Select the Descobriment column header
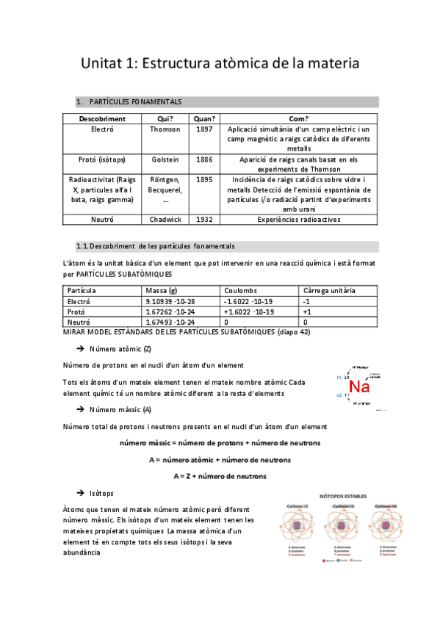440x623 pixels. (x=102, y=118)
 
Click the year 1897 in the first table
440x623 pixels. (x=205, y=129)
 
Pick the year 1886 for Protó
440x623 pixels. (x=205, y=159)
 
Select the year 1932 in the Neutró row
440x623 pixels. (x=205, y=219)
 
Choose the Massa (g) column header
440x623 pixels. (x=162, y=291)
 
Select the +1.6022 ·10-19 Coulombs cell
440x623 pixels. (x=249, y=311)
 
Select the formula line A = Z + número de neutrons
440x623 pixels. (x=220, y=476)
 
